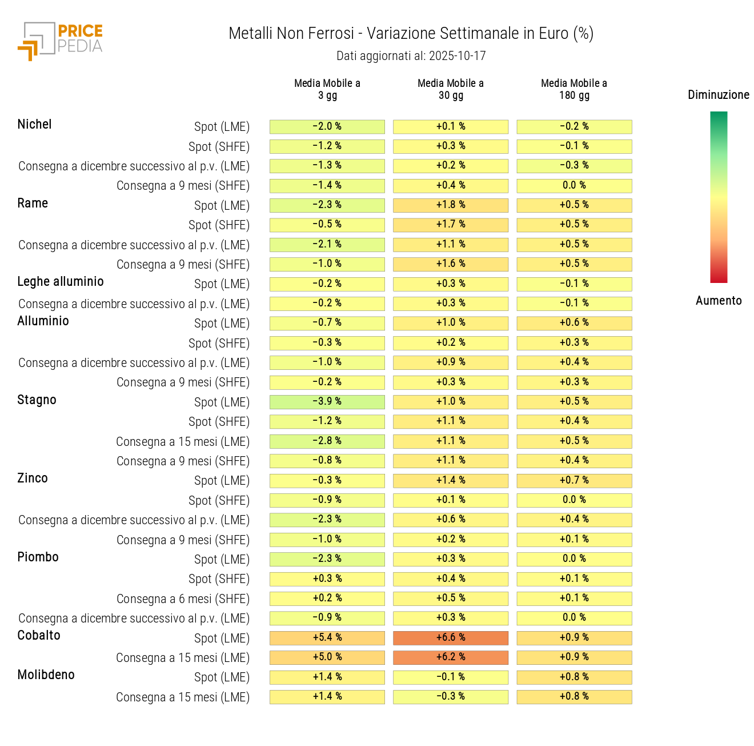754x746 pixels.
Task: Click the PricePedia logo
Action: [60, 41]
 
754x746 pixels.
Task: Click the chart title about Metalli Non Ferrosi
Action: [411, 34]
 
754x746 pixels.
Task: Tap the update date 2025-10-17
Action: [411, 56]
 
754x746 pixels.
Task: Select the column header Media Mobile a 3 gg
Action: [327, 89]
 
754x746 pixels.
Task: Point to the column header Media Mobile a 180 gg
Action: [574, 89]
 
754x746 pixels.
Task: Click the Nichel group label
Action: [34, 125]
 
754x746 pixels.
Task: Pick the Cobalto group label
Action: [39, 636]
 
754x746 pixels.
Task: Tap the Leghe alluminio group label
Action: [61, 282]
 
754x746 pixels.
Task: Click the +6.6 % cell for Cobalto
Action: [451, 638]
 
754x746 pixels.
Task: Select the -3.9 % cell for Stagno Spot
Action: [327, 402]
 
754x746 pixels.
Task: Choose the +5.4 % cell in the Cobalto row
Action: [327, 638]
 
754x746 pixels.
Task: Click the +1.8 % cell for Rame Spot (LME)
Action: [451, 205]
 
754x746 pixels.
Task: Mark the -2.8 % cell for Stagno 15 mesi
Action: [327, 441]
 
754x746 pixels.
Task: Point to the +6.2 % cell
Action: [451, 657]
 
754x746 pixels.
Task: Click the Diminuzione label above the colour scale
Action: [718, 95]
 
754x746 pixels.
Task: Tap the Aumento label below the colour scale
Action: [718, 301]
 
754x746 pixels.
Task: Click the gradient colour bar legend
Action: [718, 197]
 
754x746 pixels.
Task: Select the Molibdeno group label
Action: [46, 675]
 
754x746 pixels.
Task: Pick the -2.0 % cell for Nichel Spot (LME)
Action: [327, 127]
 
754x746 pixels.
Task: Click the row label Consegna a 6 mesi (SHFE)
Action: [183, 599]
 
